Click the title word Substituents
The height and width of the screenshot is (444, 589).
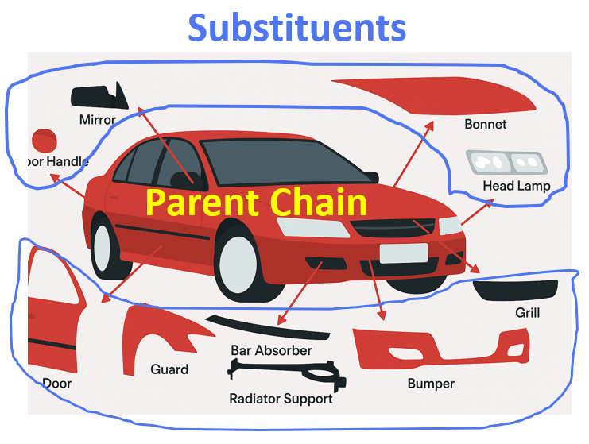pyautogui.click(x=297, y=28)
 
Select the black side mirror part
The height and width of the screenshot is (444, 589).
pyautogui.click(x=100, y=96)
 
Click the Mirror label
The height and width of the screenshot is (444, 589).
pyautogui.click(x=98, y=121)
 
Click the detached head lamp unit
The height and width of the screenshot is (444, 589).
pyautogui.click(x=506, y=162)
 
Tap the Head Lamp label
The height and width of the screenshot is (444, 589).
pyautogui.click(x=516, y=186)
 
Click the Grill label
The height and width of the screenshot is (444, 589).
pyautogui.click(x=527, y=313)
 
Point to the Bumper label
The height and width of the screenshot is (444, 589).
pyautogui.click(x=431, y=384)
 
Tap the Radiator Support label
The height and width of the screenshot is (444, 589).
pyautogui.click(x=281, y=399)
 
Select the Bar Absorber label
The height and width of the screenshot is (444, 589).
pyautogui.click(x=271, y=350)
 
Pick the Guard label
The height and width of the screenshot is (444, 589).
pyautogui.click(x=169, y=369)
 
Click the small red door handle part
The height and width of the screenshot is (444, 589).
pyautogui.click(x=45, y=141)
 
